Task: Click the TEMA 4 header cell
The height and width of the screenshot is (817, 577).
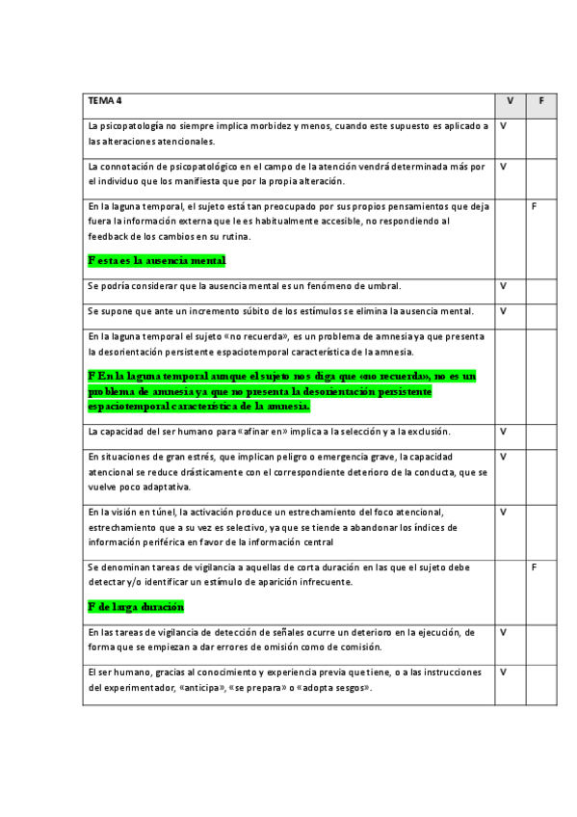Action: click(105, 100)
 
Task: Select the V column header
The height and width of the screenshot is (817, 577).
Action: click(510, 100)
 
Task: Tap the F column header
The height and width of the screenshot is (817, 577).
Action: click(541, 100)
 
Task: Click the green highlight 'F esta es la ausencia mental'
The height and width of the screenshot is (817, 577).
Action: click(156, 260)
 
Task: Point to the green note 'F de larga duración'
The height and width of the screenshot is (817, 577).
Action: click(136, 607)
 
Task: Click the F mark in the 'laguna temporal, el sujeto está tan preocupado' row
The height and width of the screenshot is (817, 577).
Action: click(535, 206)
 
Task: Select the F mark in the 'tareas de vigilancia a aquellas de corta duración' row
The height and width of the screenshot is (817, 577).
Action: click(535, 568)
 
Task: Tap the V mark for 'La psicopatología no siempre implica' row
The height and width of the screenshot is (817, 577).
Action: click(503, 126)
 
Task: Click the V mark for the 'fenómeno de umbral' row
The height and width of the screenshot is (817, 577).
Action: click(503, 286)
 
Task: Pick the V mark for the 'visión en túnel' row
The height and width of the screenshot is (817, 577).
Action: click(503, 512)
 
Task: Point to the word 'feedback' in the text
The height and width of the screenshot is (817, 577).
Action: click(108, 237)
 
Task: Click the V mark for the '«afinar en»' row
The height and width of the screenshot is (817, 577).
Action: click(503, 432)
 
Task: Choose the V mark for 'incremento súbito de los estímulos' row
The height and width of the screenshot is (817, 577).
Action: click(503, 311)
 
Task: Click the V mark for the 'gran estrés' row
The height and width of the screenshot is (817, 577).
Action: click(503, 457)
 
